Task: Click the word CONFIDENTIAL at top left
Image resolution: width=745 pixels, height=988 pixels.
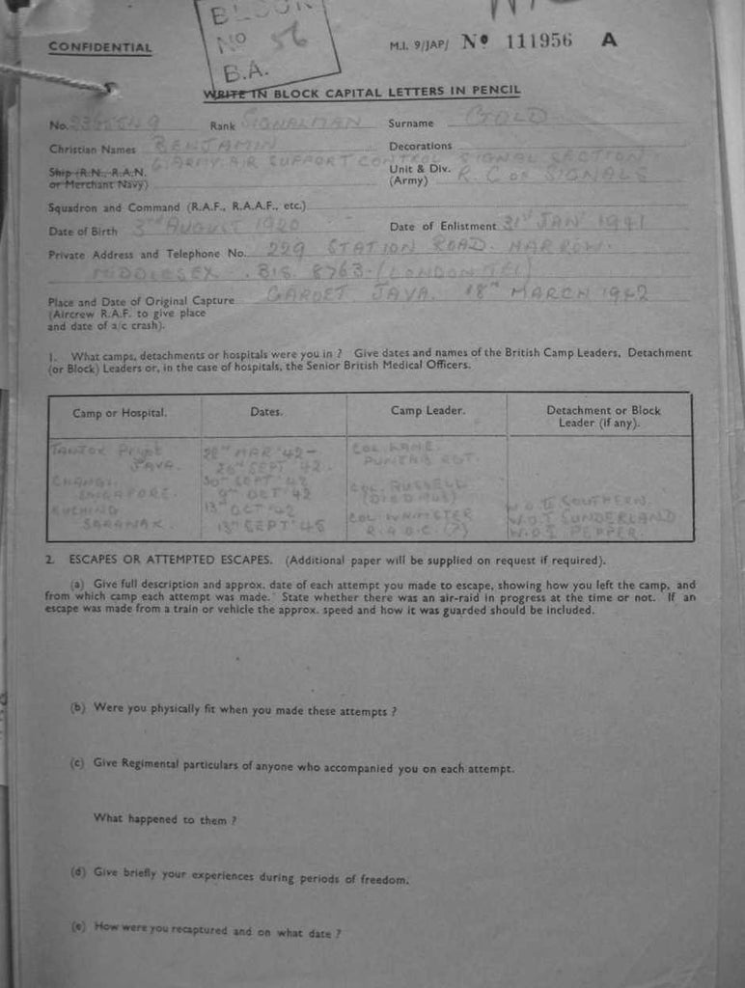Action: click(x=100, y=47)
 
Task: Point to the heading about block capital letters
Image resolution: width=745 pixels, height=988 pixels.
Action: click(x=362, y=92)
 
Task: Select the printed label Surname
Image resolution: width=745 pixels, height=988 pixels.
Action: click(x=411, y=123)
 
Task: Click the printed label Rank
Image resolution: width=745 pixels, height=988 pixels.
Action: click(x=222, y=125)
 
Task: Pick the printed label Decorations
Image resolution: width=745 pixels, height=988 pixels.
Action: click(x=420, y=146)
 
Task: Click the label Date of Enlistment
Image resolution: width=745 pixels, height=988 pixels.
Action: click(x=443, y=227)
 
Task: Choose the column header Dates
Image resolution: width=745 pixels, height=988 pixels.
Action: click(x=266, y=412)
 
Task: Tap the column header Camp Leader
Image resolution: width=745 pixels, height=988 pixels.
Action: click(x=428, y=411)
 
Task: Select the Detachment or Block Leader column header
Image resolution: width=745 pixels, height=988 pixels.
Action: click(x=603, y=416)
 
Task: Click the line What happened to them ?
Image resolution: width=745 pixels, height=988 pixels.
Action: click(x=165, y=819)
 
